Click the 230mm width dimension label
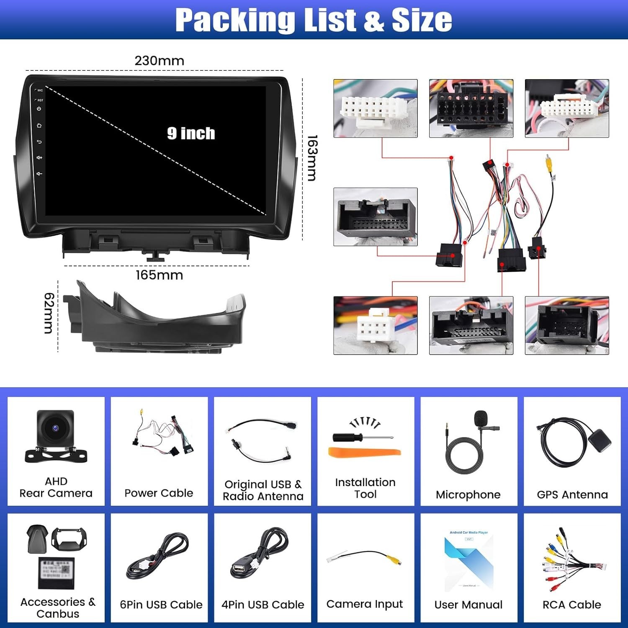click(x=159, y=61)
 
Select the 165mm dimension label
click(x=159, y=275)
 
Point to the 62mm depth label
click(x=49, y=313)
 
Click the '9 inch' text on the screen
click(x=191, y=133)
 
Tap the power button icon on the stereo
click(x=39, y=109)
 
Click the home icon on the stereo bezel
click(x=39, y=125)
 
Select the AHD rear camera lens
click(x=55, y=428)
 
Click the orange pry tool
click(x=364, y=452)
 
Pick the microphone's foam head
click(x=481, y=417)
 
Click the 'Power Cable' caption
click(x=159, y=493)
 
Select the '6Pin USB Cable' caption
click(x=161, y=605)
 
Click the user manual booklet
click(x=468, y=561)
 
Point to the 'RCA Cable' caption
click(x=571, y=605)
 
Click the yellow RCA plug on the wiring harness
click(x=548, y=161)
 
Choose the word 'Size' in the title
click(x=422, y=20)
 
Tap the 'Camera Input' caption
click(x=364, y=604)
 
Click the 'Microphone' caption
click(x=468, y=494)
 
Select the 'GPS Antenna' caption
click(x=572, y=494)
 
